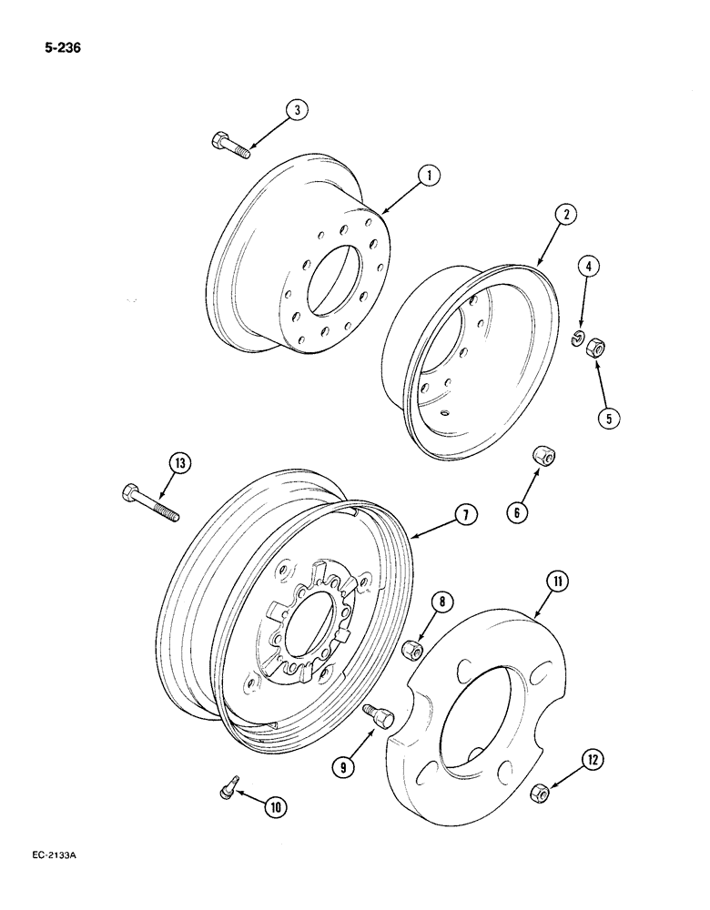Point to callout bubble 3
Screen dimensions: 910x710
point(296,110)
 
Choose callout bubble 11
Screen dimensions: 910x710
point(555,580)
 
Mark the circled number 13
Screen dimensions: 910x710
point(180,464)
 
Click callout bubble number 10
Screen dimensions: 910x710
point(274,804)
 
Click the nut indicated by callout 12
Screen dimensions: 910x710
point(539,794)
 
